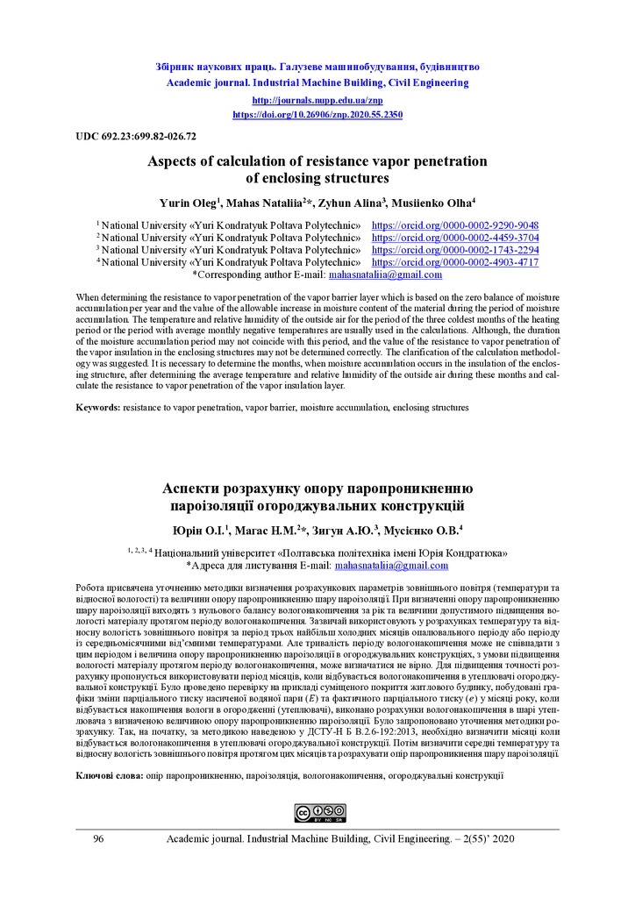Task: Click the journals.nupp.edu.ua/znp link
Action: click(317, 101)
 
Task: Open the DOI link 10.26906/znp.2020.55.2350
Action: click(317, 114)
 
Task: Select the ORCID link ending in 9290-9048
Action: click(455, 225)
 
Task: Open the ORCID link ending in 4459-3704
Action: click(455, 238)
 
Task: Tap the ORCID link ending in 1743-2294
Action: click(455, 250)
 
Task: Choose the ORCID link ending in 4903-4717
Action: click(455, 262)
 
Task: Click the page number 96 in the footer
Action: click(98, 839)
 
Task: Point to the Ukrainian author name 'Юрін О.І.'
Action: click(199, 530)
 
